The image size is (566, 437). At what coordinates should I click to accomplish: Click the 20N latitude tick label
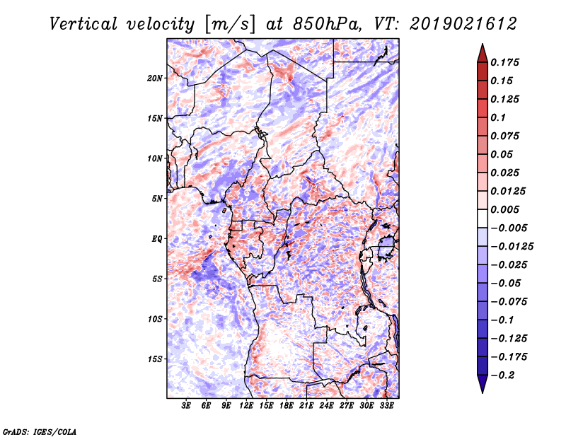[156, 78]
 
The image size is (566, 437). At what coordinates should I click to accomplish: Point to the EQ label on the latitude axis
[157, 238]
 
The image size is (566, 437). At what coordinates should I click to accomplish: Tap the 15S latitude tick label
[156, 359]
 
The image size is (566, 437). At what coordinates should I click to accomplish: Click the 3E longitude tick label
[187, 407]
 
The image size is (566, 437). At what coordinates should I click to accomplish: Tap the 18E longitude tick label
[287, 407]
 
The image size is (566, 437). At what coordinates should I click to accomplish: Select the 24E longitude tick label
[326, 407]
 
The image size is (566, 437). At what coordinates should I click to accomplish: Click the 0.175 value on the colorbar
[507, 62]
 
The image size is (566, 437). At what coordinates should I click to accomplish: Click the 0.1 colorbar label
[499, 117]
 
